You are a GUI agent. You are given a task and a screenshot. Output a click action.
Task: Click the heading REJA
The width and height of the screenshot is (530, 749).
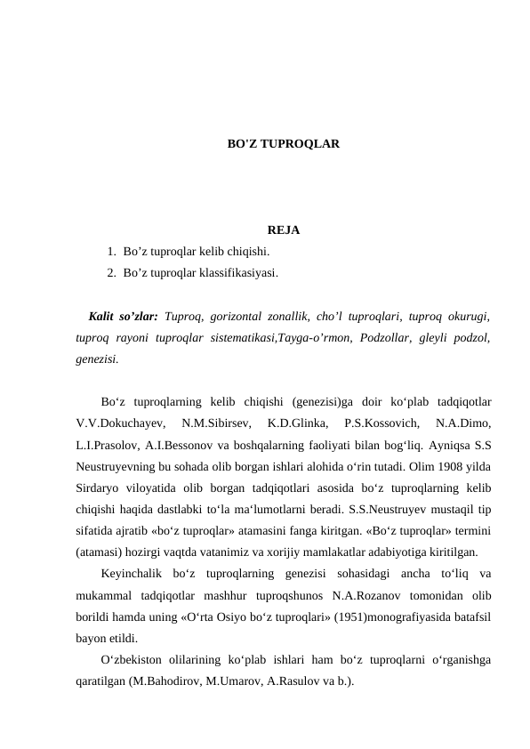[x=283, y=231]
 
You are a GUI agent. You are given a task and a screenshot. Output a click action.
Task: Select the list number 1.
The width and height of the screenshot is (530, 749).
[x=110, y=252]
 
